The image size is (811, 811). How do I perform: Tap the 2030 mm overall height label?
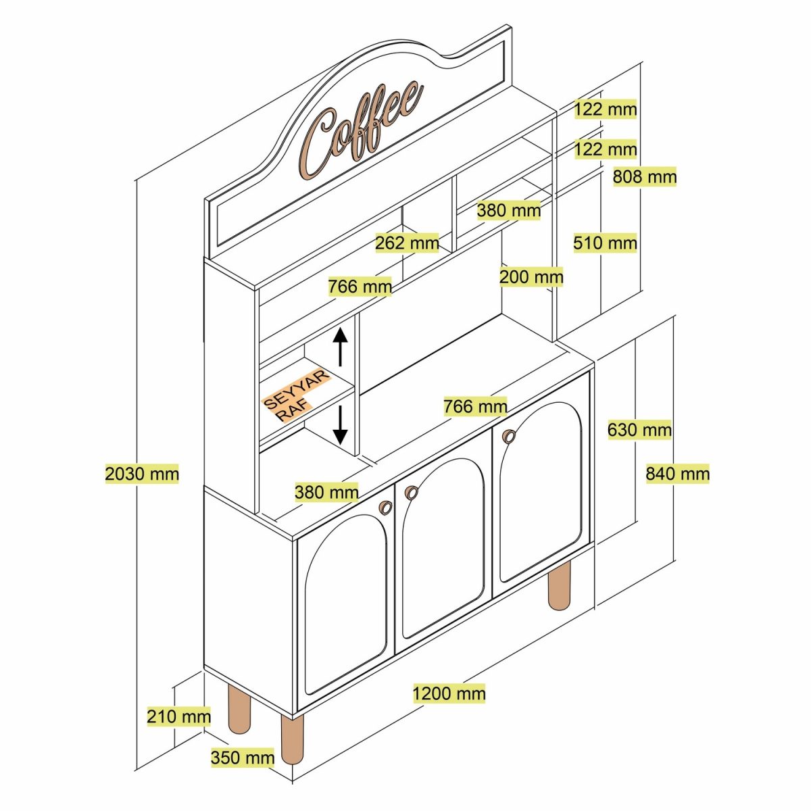[142, 474]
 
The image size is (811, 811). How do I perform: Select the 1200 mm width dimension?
[449, 693]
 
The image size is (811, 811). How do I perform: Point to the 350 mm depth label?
[242, 758]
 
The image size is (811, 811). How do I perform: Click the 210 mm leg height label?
[178, 716]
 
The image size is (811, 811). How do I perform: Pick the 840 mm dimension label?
[677, 474]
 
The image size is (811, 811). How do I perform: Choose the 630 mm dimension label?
[639, 430]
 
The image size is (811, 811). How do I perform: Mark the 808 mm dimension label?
[644, 177]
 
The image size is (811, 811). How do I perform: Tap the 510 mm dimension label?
[605, 243]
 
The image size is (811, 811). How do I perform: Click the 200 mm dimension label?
[531, 276]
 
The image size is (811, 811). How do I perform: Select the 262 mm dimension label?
[407, 243]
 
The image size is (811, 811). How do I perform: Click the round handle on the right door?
[509, 437]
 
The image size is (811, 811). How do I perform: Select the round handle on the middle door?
[411, 493]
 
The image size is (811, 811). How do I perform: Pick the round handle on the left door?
[385, 508]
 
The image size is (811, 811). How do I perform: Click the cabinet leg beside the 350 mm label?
[292, 739]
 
